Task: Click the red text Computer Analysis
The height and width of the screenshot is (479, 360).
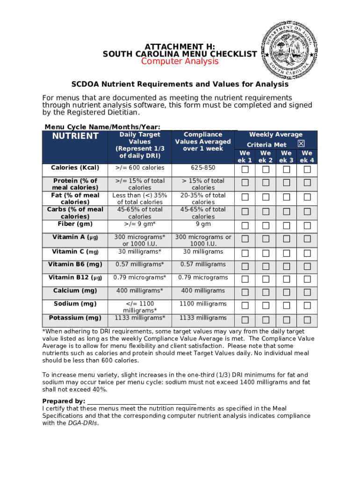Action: point(180,62)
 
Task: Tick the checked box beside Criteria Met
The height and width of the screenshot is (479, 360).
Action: point(301,144)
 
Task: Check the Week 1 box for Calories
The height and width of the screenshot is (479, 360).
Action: point(245,169)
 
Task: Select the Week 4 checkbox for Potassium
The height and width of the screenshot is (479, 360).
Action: point(307,320)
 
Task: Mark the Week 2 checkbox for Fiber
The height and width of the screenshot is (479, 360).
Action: point(266,226)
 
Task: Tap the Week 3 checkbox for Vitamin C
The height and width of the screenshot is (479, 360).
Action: point(287,254)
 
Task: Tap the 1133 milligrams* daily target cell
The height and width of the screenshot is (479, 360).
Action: point(140,318)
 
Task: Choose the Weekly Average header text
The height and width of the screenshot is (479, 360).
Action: point(276,135)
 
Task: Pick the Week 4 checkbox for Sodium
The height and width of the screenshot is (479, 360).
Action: point(307,306)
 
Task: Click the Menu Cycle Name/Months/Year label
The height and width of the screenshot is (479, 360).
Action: point(102,127)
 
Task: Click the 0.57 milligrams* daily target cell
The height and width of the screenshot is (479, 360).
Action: point(140,264)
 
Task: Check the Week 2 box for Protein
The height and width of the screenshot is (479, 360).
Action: point(266,182)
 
